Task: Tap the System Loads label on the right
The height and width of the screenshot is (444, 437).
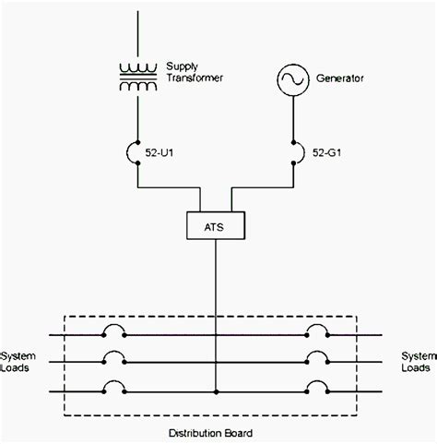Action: [x=415, y=361]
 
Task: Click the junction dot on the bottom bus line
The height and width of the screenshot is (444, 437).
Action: [x=217, y=392]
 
